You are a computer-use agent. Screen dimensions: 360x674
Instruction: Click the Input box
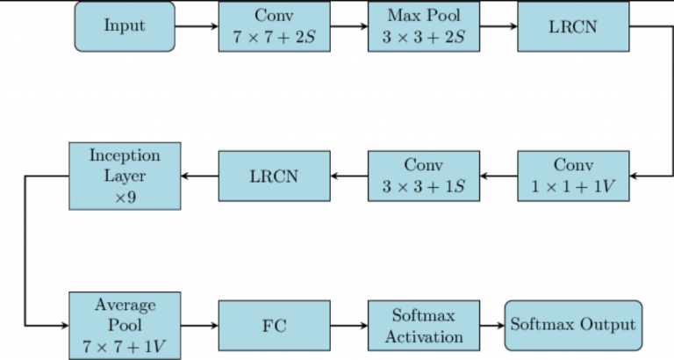coord(125,26)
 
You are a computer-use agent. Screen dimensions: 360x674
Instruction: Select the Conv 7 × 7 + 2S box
coord(274,26)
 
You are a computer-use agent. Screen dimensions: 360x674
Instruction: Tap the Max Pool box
coord(423,26)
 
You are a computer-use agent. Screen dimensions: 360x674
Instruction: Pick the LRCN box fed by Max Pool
coord(573,26)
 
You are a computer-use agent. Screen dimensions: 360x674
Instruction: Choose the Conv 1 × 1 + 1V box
coord(573,176)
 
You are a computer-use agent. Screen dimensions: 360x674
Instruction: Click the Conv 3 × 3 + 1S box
coord(423,176)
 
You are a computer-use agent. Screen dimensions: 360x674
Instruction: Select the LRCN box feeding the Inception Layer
coord(274,176)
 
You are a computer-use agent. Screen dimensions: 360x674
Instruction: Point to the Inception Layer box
coord(125,176)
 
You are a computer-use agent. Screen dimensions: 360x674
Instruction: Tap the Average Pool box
coord(125,326)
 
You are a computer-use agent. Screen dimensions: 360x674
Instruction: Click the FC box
coord(274,326)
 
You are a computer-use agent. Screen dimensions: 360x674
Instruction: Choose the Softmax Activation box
coord(423,326)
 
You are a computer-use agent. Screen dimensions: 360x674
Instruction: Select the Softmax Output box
coord(573,326)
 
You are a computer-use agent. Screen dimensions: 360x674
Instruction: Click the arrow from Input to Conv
coord(197,26)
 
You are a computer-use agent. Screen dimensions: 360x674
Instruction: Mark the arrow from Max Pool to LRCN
coord(498,26)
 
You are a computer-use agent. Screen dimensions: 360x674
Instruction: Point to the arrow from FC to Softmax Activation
coord(348,326)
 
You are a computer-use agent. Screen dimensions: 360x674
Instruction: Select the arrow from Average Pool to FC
coord(199,326)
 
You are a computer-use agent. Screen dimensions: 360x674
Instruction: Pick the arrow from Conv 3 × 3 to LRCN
coord(348,176)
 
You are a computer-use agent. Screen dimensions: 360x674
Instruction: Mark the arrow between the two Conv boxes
coord(498,176)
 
